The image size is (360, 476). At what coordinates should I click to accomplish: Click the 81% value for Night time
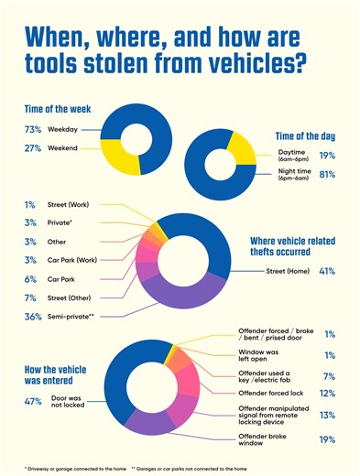click(x=327, y=173)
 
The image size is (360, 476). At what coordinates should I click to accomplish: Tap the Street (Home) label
click(x=287, y=271)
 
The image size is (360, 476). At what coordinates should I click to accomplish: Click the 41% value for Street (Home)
click(x=327, y=271)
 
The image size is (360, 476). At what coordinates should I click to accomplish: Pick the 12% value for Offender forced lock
click(x=327, y=393)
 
